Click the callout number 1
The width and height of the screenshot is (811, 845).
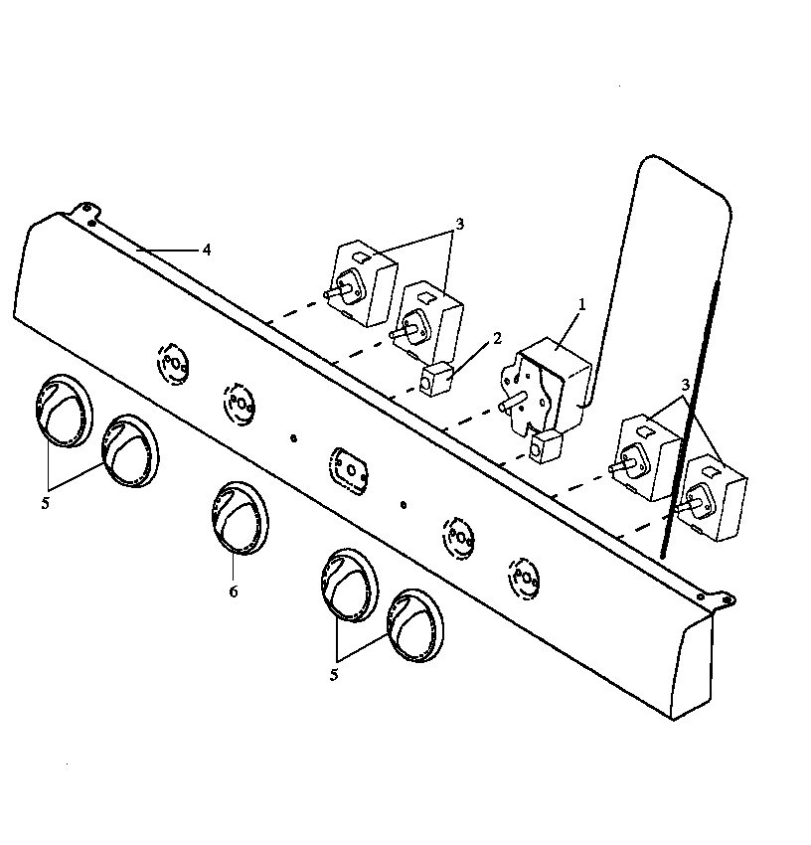pos(582,304)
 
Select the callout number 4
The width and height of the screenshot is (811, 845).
pos(207,250)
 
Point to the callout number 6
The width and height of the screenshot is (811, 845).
pos(233,591)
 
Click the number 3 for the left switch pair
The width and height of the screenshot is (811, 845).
pos(458,225)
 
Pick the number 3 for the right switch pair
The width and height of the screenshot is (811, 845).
pos(687,384)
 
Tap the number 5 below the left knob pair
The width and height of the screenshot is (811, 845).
pos(45,503)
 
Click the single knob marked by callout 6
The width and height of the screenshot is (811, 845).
pos(239,517)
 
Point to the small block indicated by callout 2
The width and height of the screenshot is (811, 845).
pos(436,380)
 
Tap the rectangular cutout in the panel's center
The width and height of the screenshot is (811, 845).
pos(349,466)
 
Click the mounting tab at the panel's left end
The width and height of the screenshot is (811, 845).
pos(86,210)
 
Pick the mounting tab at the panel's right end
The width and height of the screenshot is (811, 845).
pos(723,599)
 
